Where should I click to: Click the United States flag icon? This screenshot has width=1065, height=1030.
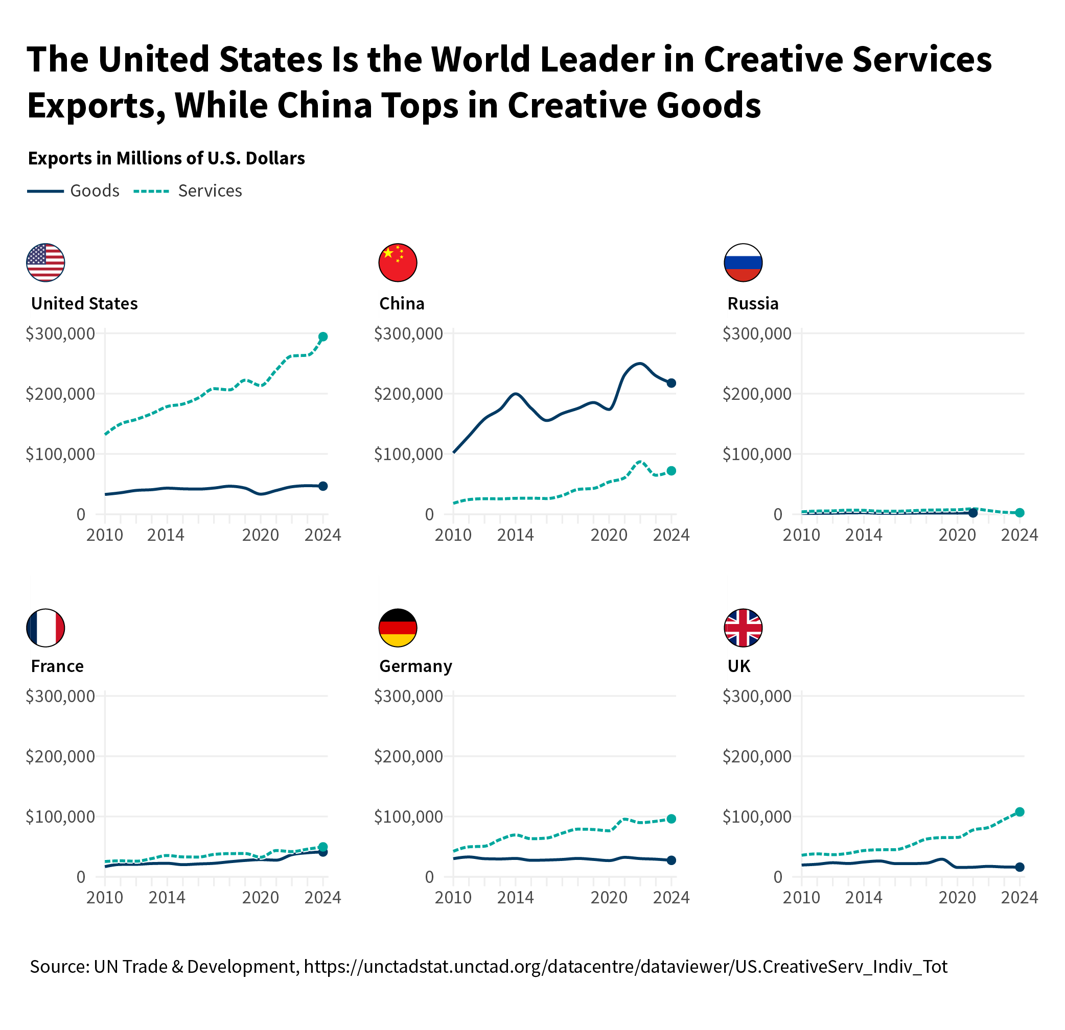(45, 263)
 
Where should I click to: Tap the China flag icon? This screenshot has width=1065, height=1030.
(398, 263)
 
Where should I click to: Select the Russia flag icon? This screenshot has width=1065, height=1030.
(744, 263)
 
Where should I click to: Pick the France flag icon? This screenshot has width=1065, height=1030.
(45, 628)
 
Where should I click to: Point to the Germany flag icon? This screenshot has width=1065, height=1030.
(398, 628)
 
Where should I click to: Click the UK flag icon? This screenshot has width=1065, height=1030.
(744, 628)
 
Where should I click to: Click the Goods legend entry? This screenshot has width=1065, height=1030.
(74, 191)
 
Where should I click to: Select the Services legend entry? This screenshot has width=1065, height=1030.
(188, 191)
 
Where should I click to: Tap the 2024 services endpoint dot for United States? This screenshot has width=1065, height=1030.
(323, 337)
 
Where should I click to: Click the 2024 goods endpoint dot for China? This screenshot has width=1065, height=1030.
(671, 383)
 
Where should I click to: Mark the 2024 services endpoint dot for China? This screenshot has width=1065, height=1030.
(671, 471)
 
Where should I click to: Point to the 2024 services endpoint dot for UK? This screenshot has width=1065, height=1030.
(1020, 812)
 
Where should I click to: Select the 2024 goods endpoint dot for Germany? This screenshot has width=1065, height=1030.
(671, 860)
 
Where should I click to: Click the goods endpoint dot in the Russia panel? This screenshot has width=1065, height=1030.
(973, 513)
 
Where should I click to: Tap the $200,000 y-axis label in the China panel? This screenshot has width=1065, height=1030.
(409, 394)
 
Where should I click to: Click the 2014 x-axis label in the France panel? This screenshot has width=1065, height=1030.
(167, 898)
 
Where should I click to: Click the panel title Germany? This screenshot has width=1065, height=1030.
(415, 666)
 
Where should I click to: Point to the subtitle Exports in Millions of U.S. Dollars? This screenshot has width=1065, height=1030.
(166, 158)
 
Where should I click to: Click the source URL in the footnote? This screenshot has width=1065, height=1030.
(626, 967)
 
